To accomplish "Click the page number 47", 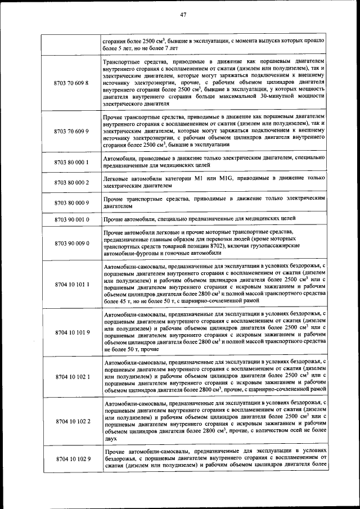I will pos(183,15).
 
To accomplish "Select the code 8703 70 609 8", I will pos(72,83).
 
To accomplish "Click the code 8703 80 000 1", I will pos(72,163).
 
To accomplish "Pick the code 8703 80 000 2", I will pos(72,182).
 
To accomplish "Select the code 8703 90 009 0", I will pos(72,242).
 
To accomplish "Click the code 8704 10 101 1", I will pos(72,284).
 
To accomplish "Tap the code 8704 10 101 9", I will pos(72,332).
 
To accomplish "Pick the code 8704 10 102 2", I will pos(72,421).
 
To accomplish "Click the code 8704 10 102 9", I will pos(72,460).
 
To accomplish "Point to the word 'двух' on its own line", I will pos(110,438).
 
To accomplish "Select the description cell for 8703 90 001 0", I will pos(214,218).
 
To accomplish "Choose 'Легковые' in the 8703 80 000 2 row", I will pos(117,178).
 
